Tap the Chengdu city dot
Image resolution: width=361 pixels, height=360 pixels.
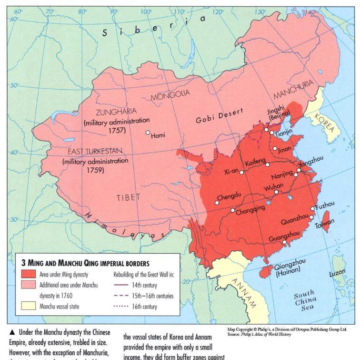216,202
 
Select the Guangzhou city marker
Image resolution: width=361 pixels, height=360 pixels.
285,242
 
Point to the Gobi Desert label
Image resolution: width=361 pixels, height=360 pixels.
219,116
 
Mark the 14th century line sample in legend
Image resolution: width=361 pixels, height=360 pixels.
122,285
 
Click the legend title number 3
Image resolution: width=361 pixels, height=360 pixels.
23,263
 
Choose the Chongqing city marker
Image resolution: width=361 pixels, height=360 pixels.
233,210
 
